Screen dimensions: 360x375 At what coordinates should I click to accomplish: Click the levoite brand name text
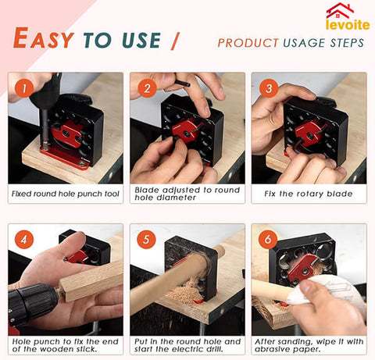348,24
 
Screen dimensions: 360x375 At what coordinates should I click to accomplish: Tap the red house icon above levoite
340,10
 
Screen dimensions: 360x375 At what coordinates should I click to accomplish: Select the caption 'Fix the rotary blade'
309,193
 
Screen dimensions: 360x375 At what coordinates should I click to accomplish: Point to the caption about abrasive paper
309,346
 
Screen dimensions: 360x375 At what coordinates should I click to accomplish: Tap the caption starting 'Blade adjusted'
187,193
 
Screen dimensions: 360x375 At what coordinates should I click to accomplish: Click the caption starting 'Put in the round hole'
187,346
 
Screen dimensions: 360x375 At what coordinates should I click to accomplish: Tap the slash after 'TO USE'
173,39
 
